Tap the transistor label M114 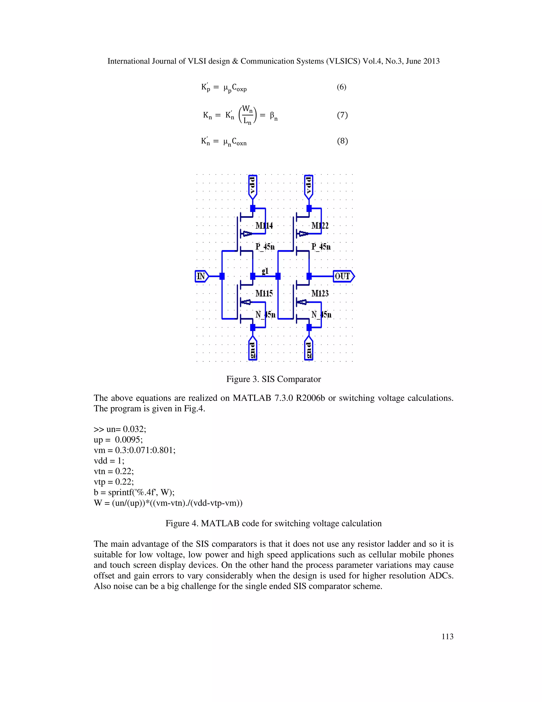point(264,226)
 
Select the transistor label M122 point(320,226)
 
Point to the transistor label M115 point(264,293)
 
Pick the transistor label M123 point(320,293)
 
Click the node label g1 point(265,271)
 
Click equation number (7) point(342,115)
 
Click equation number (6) point(341,87)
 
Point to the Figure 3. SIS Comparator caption point(274,379)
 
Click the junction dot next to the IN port point(222,276)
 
